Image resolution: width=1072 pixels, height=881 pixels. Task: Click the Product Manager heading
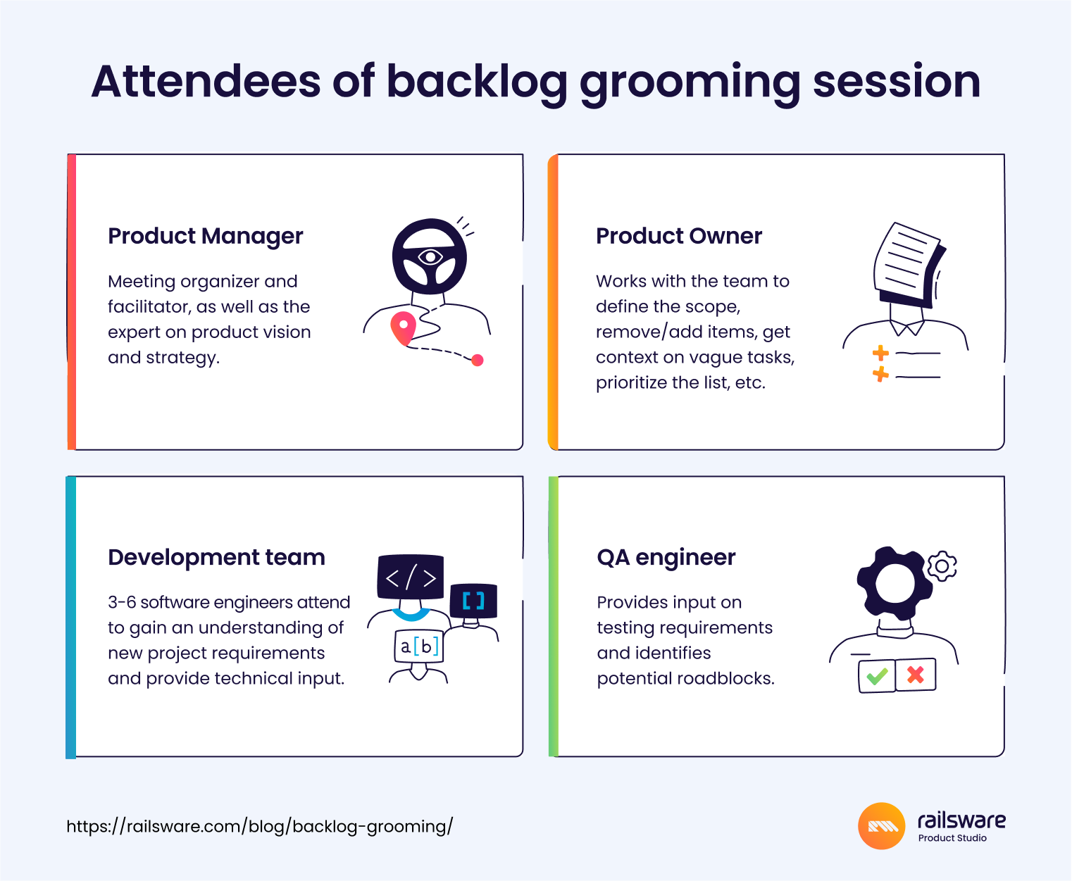(205, 236)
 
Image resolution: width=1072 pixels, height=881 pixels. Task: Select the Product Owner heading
(678, 236)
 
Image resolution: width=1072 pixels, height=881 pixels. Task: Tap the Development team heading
(216, 557)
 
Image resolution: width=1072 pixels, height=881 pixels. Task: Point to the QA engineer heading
(666, 557)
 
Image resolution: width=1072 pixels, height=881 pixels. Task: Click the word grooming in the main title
(690, 82)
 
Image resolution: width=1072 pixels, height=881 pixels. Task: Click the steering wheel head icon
(429, 257)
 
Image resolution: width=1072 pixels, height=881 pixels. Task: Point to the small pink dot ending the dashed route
(477, 361)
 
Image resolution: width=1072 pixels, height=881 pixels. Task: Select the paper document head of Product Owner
(909, 264)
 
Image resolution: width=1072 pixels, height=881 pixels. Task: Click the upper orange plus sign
(880, 352)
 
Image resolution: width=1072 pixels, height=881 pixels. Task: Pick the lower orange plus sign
(880, 374)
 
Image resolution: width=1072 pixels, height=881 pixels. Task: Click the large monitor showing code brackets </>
(411, 577)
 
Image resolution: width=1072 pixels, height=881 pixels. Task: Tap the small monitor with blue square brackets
(473, 601)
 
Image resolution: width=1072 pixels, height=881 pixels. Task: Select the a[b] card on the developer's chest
(418, 646)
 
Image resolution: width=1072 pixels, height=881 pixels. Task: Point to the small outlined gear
(942, 566)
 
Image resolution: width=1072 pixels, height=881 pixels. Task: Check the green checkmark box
(877, 676)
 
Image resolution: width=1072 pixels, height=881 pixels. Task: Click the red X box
(916, 675)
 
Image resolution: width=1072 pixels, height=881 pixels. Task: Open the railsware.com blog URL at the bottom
(259, 826)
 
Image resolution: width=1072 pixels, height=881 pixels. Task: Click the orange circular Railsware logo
(881, 826)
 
